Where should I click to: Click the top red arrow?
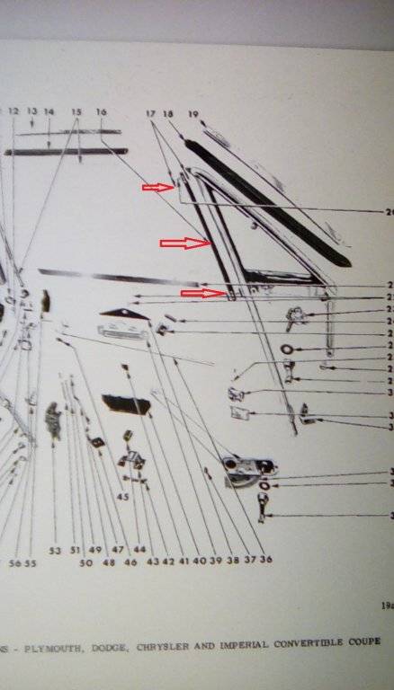click(158, 188)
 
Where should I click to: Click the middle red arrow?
click(184, 243)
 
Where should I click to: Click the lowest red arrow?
click(201, 292)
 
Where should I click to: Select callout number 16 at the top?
click(101, 111)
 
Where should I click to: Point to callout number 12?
click(13, 111)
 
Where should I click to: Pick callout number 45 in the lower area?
click(123, 497)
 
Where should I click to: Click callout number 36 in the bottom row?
click(265, 560)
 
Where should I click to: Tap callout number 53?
click(54, 550)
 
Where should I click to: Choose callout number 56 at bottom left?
click(14, 563)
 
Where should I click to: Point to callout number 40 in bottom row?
click(199, 561)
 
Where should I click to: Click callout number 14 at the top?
click(49, 111)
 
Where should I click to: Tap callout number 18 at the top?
click(167, 113)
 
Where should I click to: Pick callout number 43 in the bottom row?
click(152, 562)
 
